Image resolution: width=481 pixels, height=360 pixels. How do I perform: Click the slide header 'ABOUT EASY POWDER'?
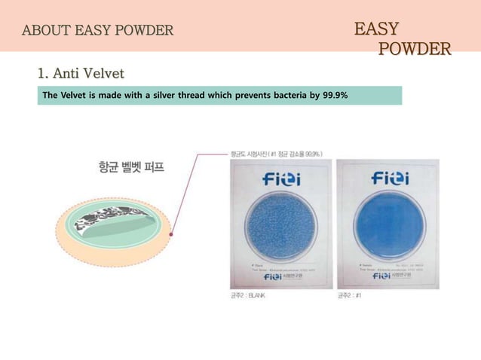coord(98,31)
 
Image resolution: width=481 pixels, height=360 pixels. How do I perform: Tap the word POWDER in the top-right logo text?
coord(414,50)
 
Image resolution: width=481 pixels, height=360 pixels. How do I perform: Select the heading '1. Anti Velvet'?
coord(81,73)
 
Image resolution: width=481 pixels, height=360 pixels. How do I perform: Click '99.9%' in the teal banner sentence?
coord(335,96)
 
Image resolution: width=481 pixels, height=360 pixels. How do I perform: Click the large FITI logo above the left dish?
coord(280,179)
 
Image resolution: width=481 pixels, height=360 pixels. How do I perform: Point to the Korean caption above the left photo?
coord(277,153)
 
